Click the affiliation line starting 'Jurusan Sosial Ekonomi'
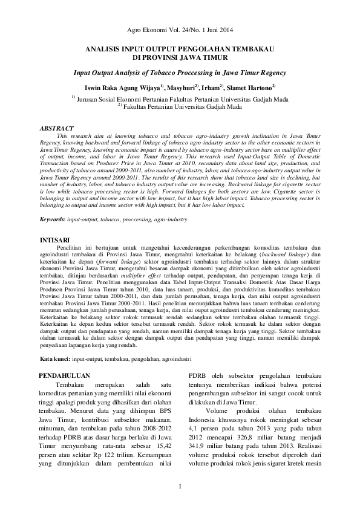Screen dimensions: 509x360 point(182,99)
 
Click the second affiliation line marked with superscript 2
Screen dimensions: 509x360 point(182,106)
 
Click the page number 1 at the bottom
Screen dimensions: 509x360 point(180,487)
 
